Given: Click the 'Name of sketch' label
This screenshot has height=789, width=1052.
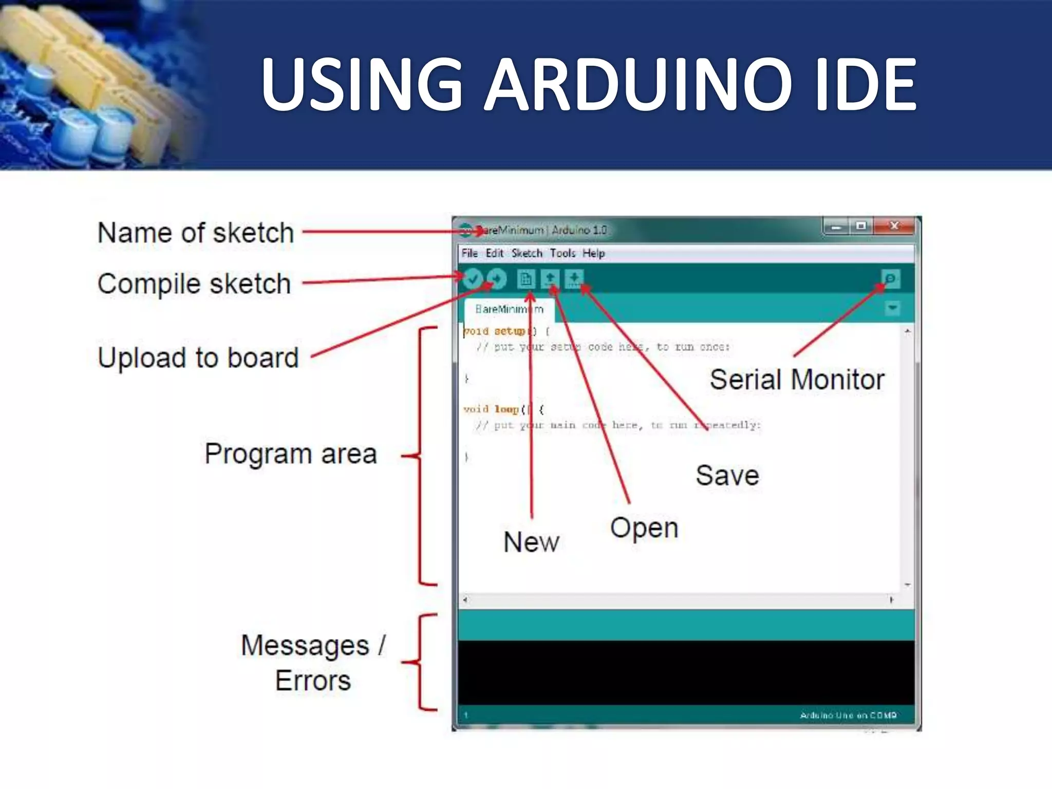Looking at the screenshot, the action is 196,233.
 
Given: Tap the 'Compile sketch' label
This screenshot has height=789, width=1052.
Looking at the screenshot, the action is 194,284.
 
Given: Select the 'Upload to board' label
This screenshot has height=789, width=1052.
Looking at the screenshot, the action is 198,358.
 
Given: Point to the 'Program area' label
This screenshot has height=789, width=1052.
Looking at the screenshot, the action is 291,454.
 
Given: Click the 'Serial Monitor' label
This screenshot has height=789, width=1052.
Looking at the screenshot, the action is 797,380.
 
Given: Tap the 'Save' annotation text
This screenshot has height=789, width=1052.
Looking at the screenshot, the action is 727,475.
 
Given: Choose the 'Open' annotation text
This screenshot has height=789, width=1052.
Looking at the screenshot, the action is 644,528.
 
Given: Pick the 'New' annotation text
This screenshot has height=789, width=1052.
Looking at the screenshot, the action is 531,542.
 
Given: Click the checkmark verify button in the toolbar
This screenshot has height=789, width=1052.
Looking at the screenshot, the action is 473,279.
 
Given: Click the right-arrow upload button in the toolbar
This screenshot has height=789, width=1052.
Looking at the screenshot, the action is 497,279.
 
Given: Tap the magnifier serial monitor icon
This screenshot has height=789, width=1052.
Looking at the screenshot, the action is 890,279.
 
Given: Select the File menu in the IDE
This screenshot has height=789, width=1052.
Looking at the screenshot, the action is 469,253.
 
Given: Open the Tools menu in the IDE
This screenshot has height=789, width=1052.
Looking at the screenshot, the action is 562,253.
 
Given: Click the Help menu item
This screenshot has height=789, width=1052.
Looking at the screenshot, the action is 593,253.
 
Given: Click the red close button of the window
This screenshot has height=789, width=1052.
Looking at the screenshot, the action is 894,226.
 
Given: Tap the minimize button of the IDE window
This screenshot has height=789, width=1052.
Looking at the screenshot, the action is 837,226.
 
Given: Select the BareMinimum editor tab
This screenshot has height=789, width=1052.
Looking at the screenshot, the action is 509,309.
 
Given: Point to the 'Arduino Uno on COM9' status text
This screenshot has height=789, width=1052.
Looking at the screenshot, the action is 848,715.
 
